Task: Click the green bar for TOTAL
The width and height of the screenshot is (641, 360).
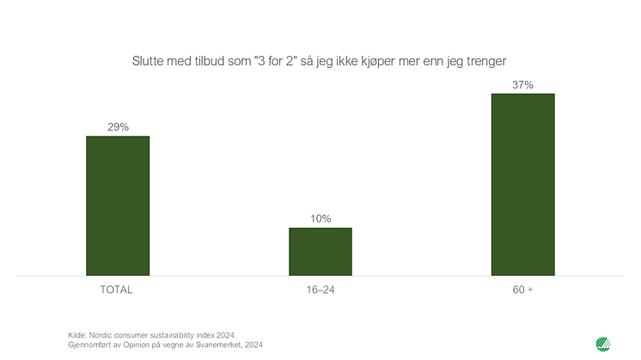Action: [x=118, y=206]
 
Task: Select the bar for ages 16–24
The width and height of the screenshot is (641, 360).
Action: [x=320, y=252]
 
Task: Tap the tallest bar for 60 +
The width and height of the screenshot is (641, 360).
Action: [x=522, y=185]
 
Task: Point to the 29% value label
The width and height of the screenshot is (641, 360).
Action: [x=118, y=127]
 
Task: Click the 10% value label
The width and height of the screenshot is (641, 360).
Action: [x=320, y=218]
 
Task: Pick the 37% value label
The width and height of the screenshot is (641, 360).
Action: [x=522, y=84]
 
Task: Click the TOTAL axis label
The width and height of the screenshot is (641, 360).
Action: [x=118, y=290]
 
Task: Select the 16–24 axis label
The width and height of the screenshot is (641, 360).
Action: [x=320, y=290]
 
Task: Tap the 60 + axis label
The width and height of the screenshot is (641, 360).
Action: [x=522, y=290]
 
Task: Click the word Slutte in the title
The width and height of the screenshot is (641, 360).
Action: [x=148, y=61]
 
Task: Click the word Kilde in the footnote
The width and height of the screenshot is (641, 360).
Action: [x=76, y=334]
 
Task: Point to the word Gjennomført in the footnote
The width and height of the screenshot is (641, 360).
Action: [x=91, y=344]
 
